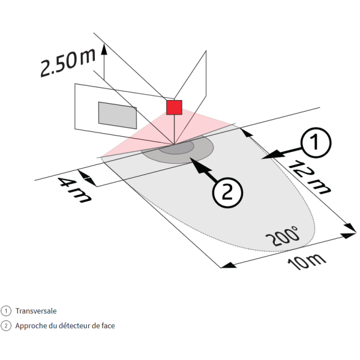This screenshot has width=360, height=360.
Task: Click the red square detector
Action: [x=174, y=107]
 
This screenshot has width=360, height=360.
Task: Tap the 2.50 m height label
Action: [x=68, y=62]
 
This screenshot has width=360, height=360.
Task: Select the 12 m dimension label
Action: [x=309, y=178]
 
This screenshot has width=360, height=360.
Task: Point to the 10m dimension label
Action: [x=307, y=262]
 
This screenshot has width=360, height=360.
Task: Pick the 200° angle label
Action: [x=283, y=236]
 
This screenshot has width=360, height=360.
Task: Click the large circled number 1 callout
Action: [x=316, y=143]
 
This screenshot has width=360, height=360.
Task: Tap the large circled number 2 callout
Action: [x=228, y=193]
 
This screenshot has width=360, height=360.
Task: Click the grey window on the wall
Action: [x=118, y=115]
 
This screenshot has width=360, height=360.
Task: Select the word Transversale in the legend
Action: [x=36, y=311]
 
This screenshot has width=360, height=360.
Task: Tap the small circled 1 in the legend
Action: [x=6, y=311]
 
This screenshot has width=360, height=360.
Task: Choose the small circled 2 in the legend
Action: [x=6, y=326]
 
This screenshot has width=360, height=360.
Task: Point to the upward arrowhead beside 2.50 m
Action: [x=104, y=49]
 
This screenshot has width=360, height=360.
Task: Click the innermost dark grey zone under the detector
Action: [x=176, y=149]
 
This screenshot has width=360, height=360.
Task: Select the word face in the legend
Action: [x=108, y=326]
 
